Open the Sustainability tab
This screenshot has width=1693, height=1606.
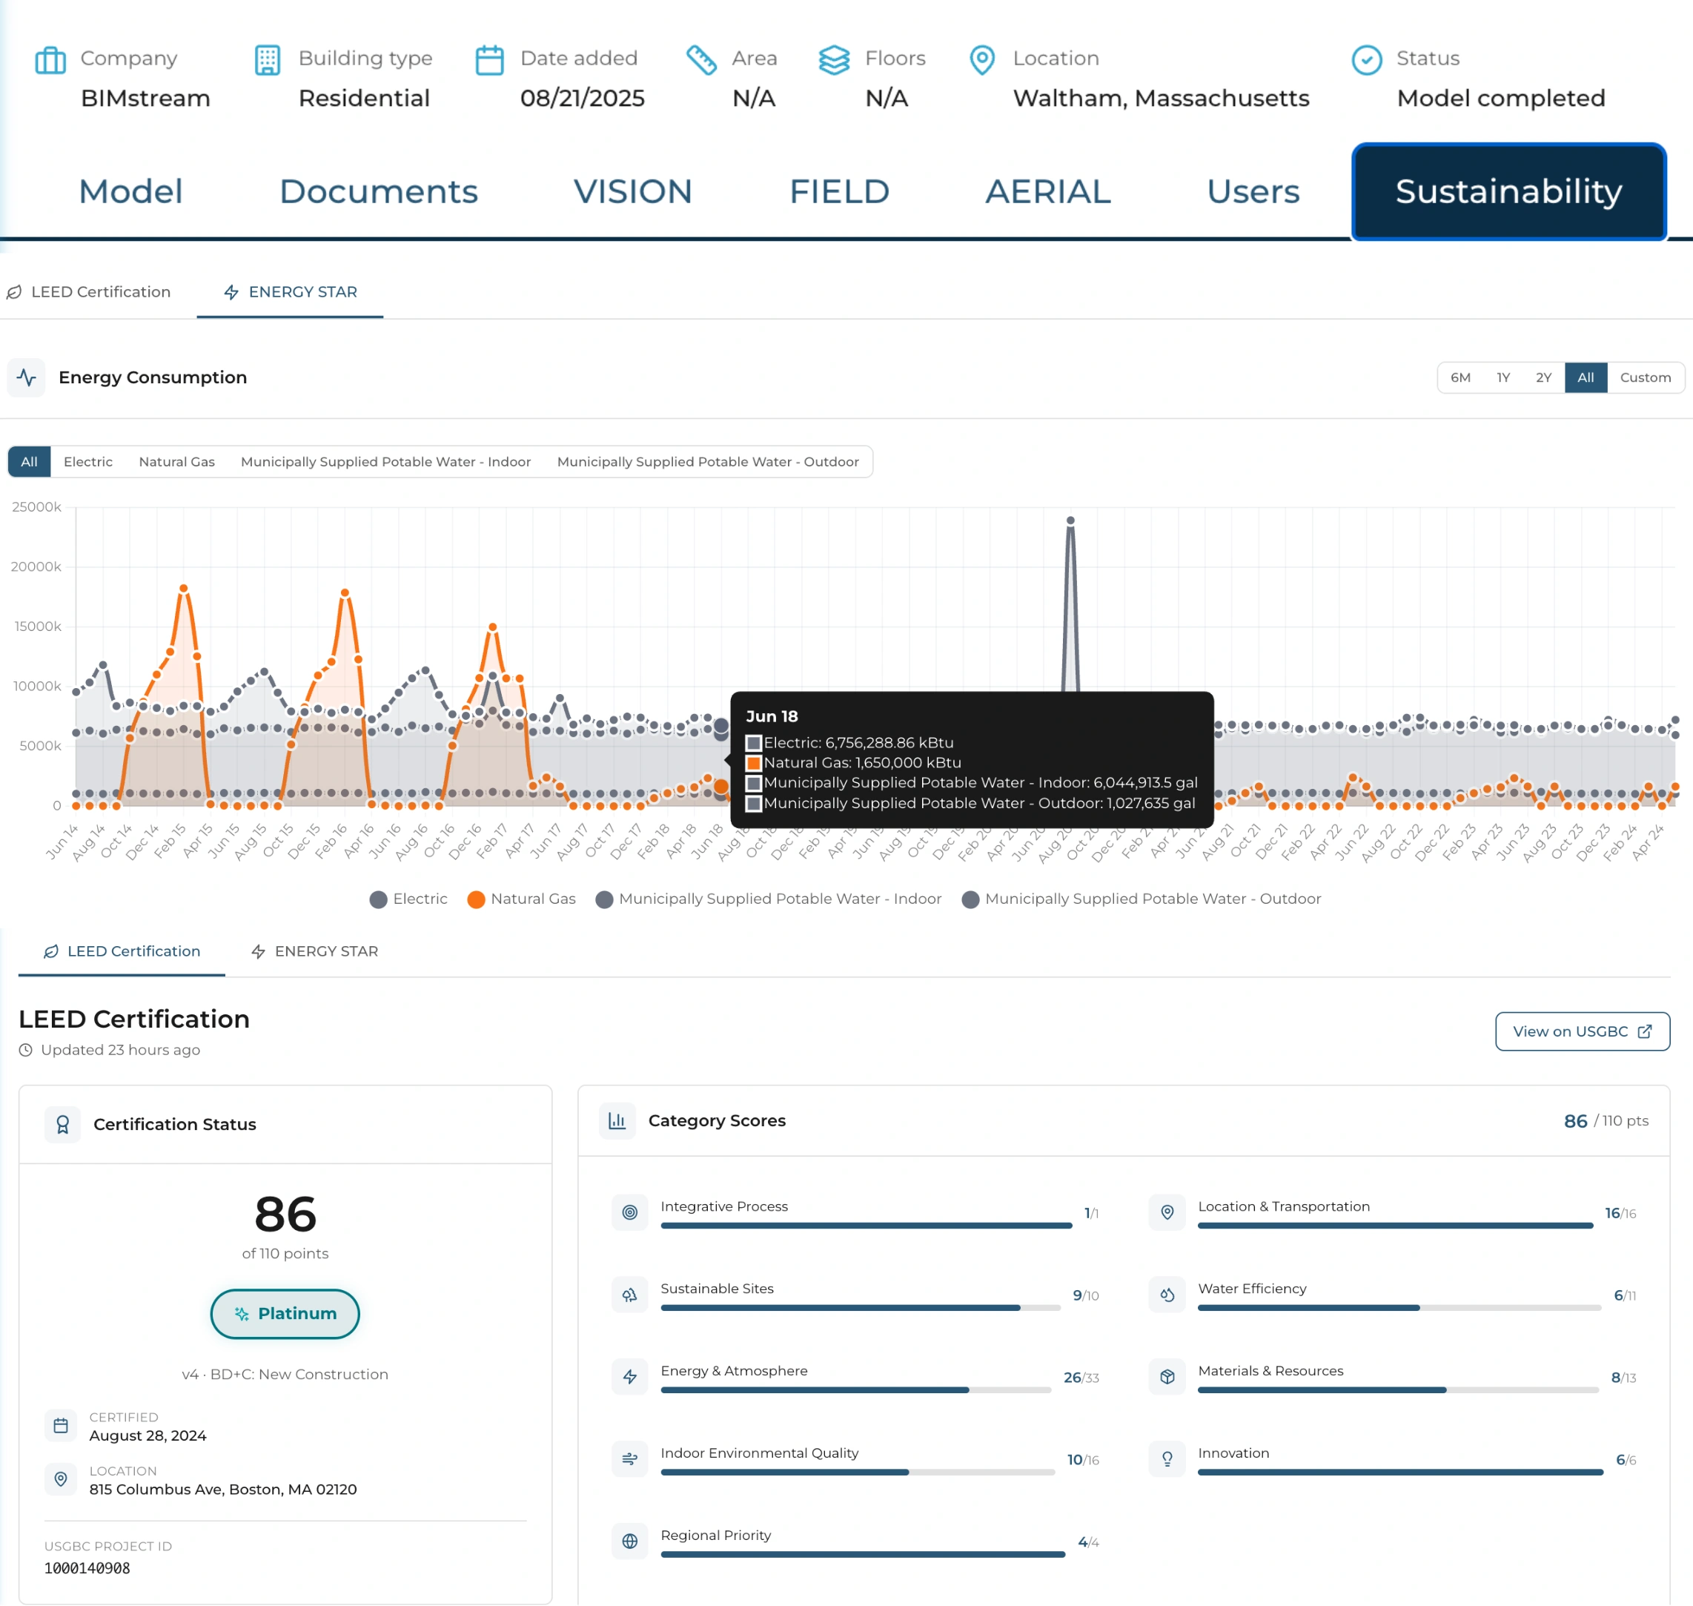1508,192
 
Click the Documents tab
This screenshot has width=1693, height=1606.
378,192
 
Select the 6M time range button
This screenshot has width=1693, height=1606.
1460,377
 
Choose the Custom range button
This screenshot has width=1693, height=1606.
1644,377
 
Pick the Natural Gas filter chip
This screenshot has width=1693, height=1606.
176,461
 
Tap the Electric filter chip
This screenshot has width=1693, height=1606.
87,461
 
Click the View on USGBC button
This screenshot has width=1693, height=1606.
1582,1031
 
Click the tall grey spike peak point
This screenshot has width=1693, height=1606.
1070,521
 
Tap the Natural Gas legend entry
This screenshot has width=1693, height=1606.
521,899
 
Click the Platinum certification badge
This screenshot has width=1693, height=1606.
285,1313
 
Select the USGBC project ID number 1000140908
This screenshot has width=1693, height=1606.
87,1568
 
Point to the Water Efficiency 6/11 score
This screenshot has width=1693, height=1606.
1623,1295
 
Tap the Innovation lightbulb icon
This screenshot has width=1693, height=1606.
1167,1458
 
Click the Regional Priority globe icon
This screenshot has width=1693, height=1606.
630,1541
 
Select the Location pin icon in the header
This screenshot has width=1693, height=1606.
981,60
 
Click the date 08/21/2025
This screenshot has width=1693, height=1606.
582,99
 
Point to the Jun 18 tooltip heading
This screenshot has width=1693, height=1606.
771,716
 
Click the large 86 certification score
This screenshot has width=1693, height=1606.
285,1214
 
